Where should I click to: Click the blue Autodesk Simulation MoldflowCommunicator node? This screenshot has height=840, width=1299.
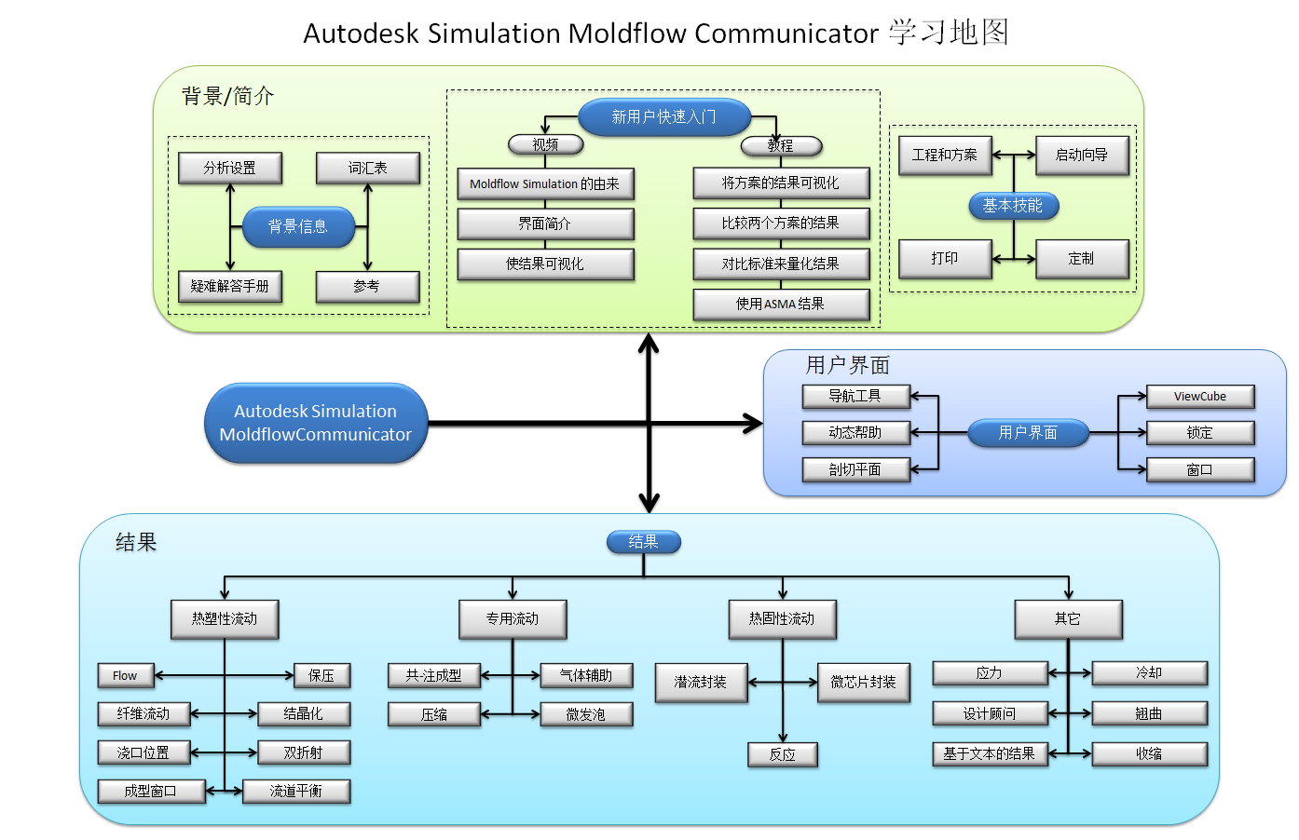pyautogui.click(x=315, y=423)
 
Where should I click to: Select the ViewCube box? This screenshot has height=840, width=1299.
pyautogui.click(x=1199, y=397)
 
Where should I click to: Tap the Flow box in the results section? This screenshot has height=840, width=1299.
pyautogui.click(x=125, y=675)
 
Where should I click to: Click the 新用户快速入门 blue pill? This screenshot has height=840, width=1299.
pyautogui.click(x=663, y=117)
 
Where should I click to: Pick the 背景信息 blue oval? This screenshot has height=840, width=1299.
pyautogui.click(x=298, y=227)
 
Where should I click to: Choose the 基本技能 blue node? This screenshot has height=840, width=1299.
pyautogui.click(x=1013, y=206)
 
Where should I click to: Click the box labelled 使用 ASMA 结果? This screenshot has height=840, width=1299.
pyautogui.click(x=781, y=305)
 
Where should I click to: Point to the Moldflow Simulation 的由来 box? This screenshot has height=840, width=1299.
pyautogui.click(x=545, y=184)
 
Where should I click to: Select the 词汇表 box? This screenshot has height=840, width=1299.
pyautogui.click(x=367, y=169)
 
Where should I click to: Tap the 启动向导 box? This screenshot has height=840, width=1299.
pyautogui.click(x=1081, y=156)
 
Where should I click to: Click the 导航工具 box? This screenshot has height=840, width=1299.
pyautogui.click(x=855, y=397)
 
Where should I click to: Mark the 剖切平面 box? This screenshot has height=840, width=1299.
pyautogui.click(x=855, y=469)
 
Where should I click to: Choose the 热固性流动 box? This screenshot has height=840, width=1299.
pyautogui.click(x=781, y=619)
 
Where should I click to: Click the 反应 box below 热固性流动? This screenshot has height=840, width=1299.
pyautogui.click(x=782, y=754)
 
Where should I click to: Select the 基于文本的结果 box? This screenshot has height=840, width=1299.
pyautogui.click(x=989, y=753)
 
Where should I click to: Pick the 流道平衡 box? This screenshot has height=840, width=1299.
pyautogui.click(x=295, y=792)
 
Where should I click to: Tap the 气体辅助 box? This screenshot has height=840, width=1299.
pyautogui.click(x=585, y=675)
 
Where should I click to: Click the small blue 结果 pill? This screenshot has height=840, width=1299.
pyautogui.click(x=643, y=542)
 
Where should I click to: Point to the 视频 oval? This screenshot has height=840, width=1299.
pyautogui.click(x=545, y=145)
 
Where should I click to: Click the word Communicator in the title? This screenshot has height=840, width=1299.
pyautogui.click(x=786, y=34)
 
